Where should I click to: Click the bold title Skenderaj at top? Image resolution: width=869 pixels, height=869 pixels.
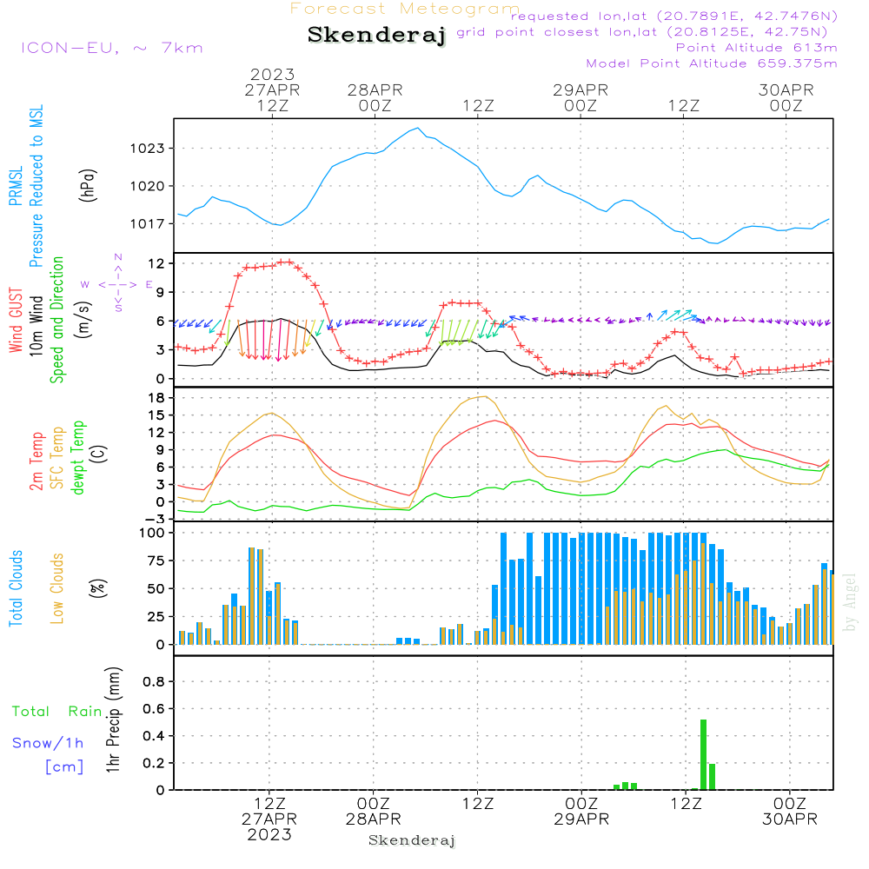376,36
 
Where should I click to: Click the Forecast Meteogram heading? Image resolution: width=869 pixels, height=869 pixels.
405,10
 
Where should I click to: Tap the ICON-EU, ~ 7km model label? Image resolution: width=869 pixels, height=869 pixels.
111,48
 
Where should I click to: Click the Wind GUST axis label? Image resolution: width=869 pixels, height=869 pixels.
16,322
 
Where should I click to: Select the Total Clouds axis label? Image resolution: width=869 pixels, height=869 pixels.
16,588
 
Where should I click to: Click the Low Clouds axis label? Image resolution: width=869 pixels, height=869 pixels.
57,588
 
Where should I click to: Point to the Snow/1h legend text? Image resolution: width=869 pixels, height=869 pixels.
48,744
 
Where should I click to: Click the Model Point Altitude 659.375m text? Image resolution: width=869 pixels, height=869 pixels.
712,63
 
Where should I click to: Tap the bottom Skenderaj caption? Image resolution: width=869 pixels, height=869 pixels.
412,840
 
